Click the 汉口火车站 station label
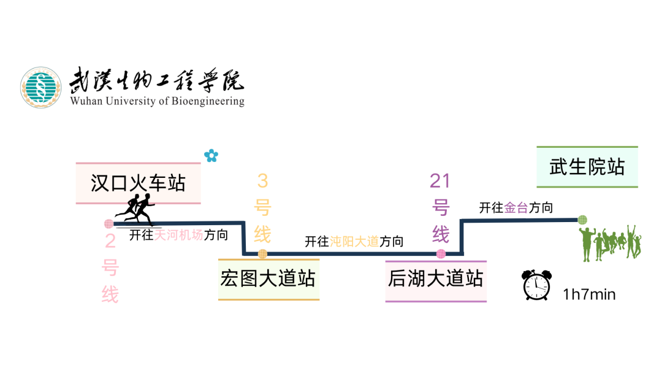tap(138, 183)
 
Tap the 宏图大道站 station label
tap(268, 279)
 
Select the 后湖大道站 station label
tap(435, 279)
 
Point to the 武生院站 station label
tap(587, 167)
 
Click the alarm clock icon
tap(536, 285)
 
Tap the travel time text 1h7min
tap(589, 294)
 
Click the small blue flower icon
tap(211, 156)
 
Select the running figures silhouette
tap(137, 209)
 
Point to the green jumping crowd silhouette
tap(611, 243)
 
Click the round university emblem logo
tap(41, 88)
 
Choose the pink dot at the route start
tap(108, 224)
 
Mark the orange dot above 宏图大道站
tap(262, 253)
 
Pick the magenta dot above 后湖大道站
tap(441, 253)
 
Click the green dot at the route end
tap(582, 220)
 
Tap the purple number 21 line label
tap(440, 180)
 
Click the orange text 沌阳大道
tap(354, 242)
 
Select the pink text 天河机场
tap(178, 235)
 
